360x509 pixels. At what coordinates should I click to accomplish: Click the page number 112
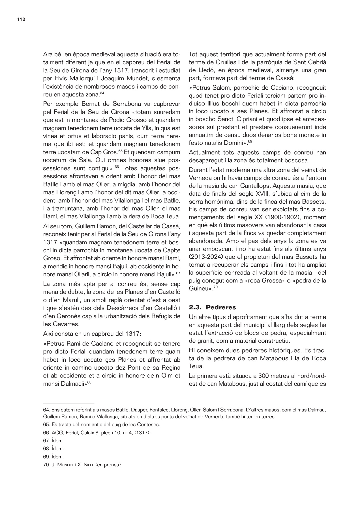[21, 20]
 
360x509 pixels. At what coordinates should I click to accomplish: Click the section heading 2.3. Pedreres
[212, 307]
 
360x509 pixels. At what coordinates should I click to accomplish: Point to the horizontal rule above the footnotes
[68, 404]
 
